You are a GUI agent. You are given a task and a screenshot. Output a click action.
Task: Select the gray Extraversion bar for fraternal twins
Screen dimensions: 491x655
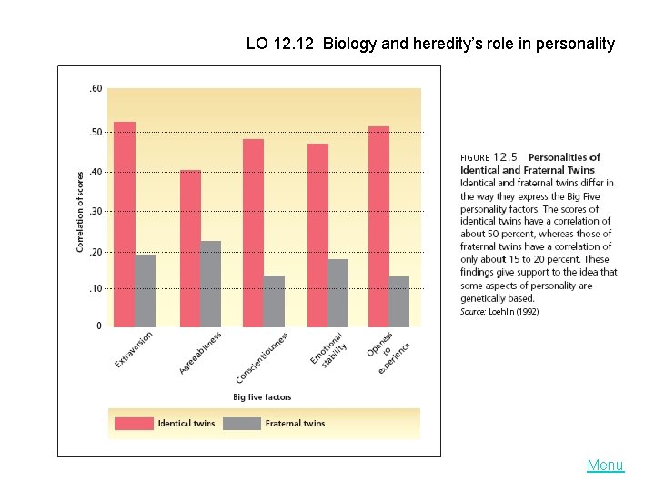click(x=146, y=290)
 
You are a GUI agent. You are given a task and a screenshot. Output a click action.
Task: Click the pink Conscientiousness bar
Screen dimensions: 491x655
click(x=253, y=233)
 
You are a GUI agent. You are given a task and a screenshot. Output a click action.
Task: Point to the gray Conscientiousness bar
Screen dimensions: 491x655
click(x=274, y=301)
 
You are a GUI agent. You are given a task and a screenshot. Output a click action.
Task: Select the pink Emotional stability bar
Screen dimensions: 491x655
click(x=317, y=235)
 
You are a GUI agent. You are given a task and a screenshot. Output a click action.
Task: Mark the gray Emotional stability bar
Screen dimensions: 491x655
click(x=338, y=293)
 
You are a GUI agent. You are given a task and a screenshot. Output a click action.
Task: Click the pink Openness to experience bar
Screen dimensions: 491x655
click(x=379, y=226)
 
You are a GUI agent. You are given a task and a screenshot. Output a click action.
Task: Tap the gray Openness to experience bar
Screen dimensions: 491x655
click(x=399, y=301)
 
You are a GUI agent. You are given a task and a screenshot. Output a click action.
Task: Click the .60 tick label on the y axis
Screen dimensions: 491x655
click(x=96, y=89)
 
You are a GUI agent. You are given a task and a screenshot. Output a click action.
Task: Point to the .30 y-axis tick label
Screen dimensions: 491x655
click(x=96, y=211)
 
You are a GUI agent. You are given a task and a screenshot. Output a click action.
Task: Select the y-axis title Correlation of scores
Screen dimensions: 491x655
click(x=80, y=211)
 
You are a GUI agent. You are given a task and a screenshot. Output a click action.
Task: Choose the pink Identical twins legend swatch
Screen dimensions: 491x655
click(x=133, y=423)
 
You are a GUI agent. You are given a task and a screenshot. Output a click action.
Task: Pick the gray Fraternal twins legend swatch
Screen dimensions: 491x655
click(x=241, y=423)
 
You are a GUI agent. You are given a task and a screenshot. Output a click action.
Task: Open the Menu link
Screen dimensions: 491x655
click(x=605, y=466)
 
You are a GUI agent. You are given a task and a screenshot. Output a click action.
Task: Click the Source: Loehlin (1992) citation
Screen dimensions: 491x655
click(x=499, y=311)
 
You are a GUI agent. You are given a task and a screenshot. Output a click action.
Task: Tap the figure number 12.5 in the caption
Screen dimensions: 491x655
click(x=505, y=156)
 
